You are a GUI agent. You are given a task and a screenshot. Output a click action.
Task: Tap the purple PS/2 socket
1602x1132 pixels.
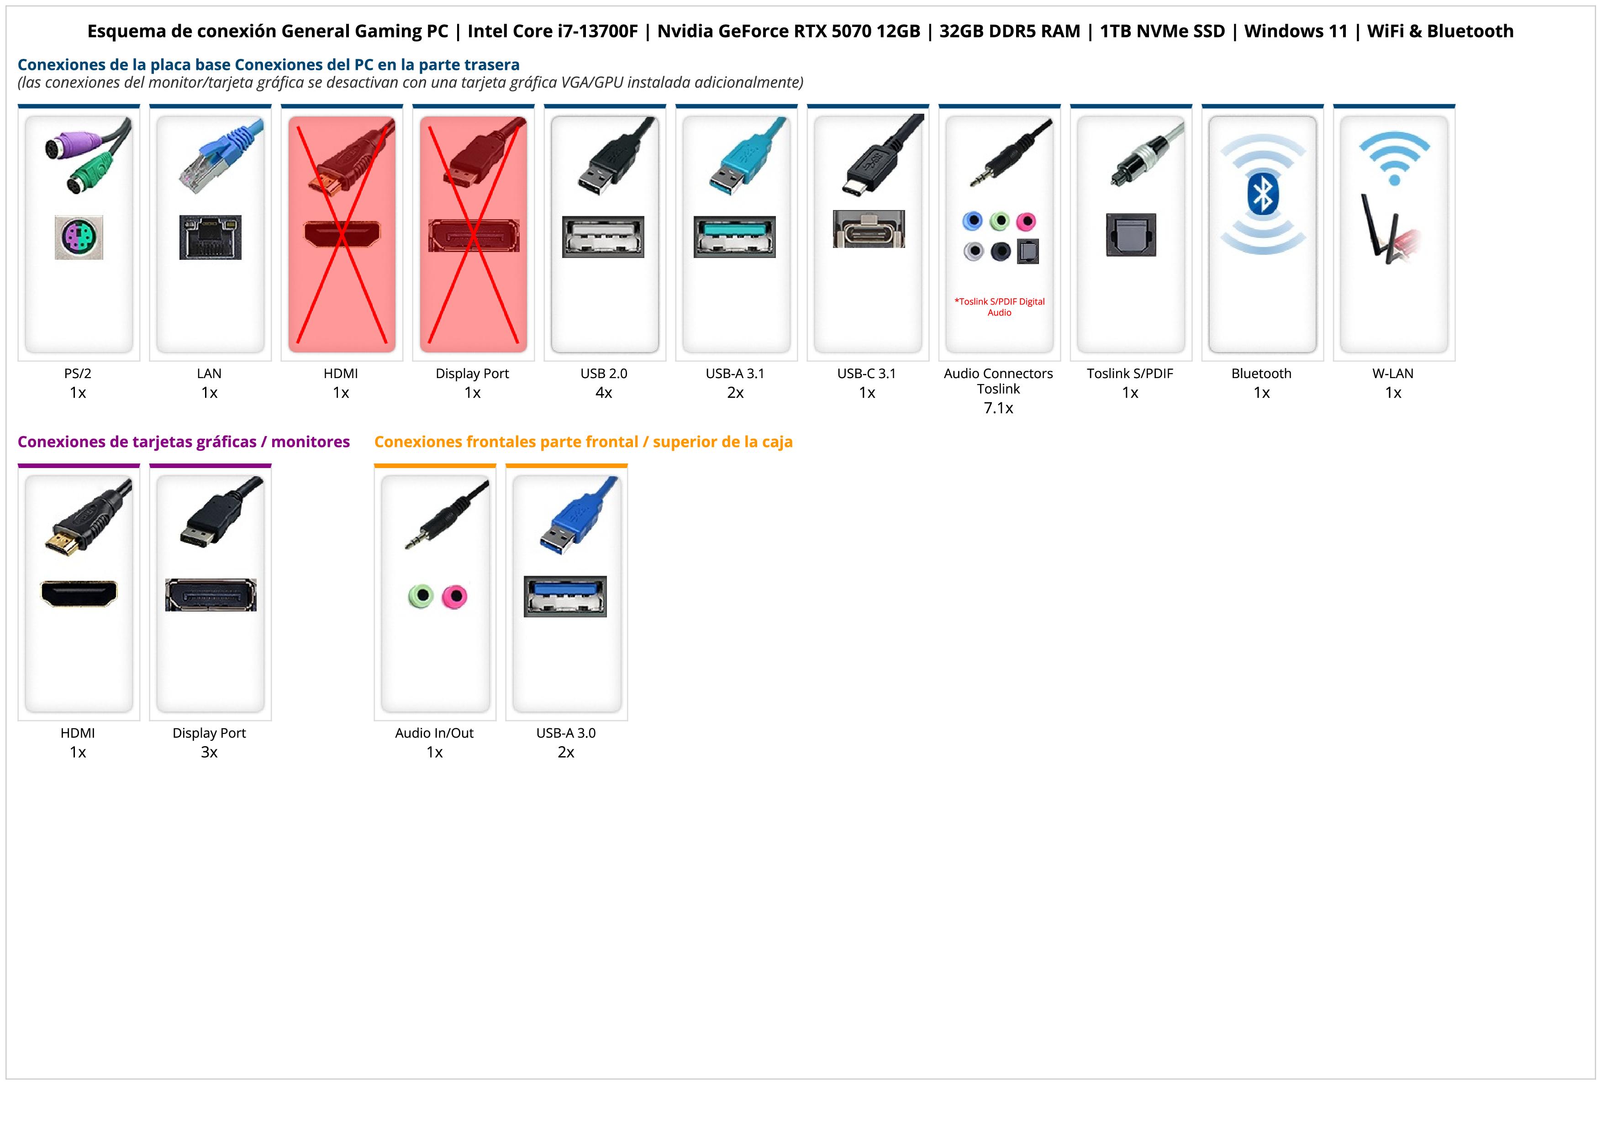tap(79, 238)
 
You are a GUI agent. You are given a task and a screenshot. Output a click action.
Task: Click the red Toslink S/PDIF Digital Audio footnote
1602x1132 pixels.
tap(999, 307)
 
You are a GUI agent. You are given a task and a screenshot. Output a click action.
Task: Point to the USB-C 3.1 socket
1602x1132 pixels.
tap(869, 229)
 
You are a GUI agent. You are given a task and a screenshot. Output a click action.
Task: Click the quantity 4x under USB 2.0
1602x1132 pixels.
tap(604, 393)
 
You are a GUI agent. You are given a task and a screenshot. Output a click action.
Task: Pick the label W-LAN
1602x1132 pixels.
tap(1393, 373)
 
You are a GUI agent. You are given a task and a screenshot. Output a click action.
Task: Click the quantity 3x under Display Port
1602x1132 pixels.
tap(209, 752)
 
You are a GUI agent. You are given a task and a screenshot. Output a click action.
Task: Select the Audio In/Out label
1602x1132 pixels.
tap(434, 733)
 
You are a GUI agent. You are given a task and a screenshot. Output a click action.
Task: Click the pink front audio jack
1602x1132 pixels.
tap(455, 597)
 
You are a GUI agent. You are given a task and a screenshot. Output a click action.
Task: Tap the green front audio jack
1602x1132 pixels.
tap(421, 596)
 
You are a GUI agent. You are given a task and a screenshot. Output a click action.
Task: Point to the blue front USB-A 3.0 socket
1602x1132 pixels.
tap(565, 596)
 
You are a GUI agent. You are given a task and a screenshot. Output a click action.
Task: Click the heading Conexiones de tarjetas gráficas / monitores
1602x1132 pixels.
tap(184, 442)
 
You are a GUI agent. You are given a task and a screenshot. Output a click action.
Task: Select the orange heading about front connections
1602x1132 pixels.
tap(583, 442)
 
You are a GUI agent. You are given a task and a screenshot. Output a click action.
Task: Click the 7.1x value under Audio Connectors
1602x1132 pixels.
tap(998, 408)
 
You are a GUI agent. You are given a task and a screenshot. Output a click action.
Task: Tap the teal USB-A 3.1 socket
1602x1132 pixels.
tap(734, 237)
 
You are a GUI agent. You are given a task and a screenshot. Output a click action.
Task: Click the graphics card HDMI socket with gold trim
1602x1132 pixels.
tap(79, 594)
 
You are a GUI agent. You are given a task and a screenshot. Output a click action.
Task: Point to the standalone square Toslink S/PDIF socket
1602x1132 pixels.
tap(1131, 235)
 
